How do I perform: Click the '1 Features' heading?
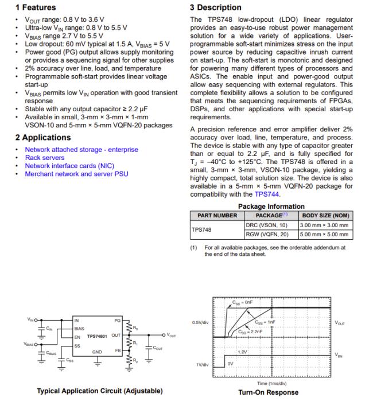(x=35, y=7)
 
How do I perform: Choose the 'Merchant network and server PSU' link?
(x=76, y=174)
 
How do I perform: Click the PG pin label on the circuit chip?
(x=117, y=319)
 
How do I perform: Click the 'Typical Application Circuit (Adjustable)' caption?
(x=99, y=391)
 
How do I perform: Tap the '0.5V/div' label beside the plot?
(x=200, y=322)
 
